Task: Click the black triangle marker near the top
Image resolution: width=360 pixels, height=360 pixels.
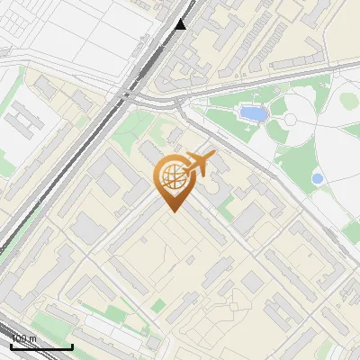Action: (x=181, y=23)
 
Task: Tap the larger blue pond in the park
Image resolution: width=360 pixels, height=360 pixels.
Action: (x=252, y=114)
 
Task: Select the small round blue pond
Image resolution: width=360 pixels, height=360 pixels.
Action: (x=317, y=179)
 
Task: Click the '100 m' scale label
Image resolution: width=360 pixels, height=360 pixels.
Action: (x=24, y=339)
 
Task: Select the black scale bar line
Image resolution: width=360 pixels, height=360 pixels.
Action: (x=41, y=346)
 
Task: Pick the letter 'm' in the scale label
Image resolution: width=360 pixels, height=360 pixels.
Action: (x=33, y=339)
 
